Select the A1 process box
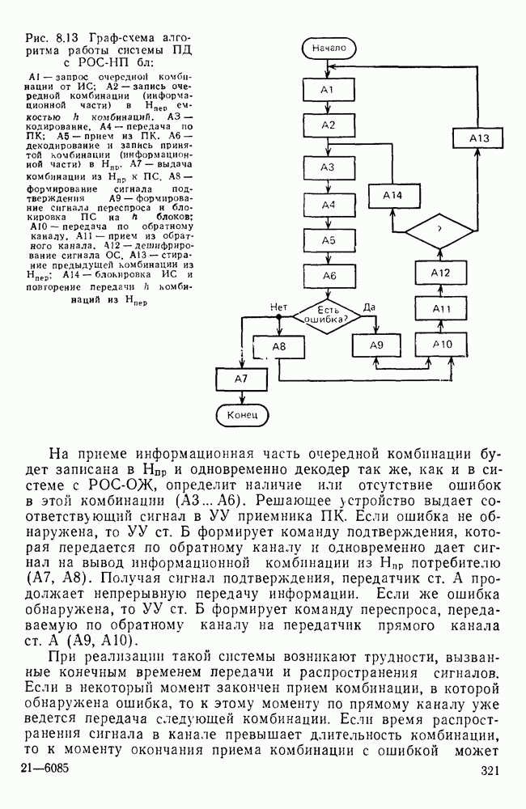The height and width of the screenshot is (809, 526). click(328, 90)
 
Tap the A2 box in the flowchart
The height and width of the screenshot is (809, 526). click(328, 125)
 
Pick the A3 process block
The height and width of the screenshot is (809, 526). click(328, 167)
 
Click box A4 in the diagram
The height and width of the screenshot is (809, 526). click(328, 205)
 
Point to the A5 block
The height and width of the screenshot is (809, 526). click(328, 240)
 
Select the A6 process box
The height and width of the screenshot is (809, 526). click(328, 276)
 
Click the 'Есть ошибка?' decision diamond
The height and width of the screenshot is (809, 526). click(328, 316)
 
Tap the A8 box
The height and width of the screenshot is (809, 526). click(279, 346)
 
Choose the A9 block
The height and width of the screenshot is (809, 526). click(376, 345)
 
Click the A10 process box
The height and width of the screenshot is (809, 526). click(442, 345)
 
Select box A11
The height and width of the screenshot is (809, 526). click(441, 309)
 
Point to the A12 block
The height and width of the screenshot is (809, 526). click(440, 273)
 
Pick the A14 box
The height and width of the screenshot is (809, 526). click(392, 196)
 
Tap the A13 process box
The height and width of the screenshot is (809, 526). click(479, 138)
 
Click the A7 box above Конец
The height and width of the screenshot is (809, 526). click(241, 379)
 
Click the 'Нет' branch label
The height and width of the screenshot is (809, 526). click(279, 307)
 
